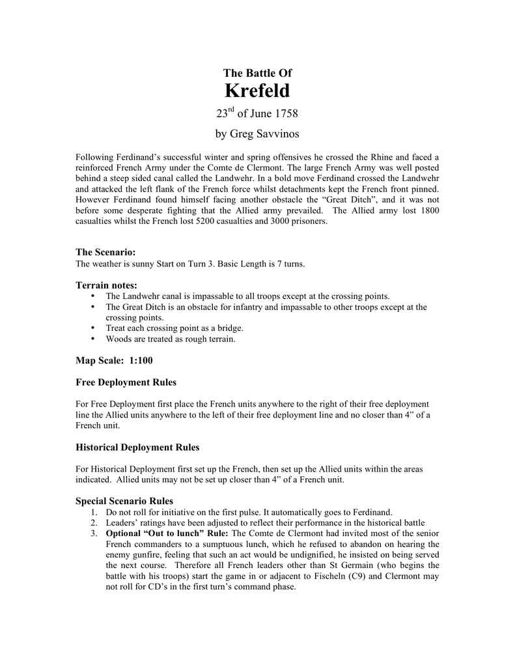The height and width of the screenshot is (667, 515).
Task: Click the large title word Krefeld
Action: click(257, 91)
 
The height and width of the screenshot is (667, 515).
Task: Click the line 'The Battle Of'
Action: click(257, 73)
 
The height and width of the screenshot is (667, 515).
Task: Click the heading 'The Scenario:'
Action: click(105, 252)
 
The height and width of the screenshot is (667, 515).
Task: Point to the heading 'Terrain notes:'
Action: click(106, 285)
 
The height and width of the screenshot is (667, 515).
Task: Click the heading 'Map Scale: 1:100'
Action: click(114, 360)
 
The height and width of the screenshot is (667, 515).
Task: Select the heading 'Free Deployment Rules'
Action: click(126, 382)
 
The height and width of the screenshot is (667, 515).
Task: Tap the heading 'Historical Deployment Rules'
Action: click(137, 447)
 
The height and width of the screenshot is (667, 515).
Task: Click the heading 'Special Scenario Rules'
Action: click(124, 501)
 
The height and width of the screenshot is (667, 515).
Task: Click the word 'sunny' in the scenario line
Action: click(138, 264)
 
